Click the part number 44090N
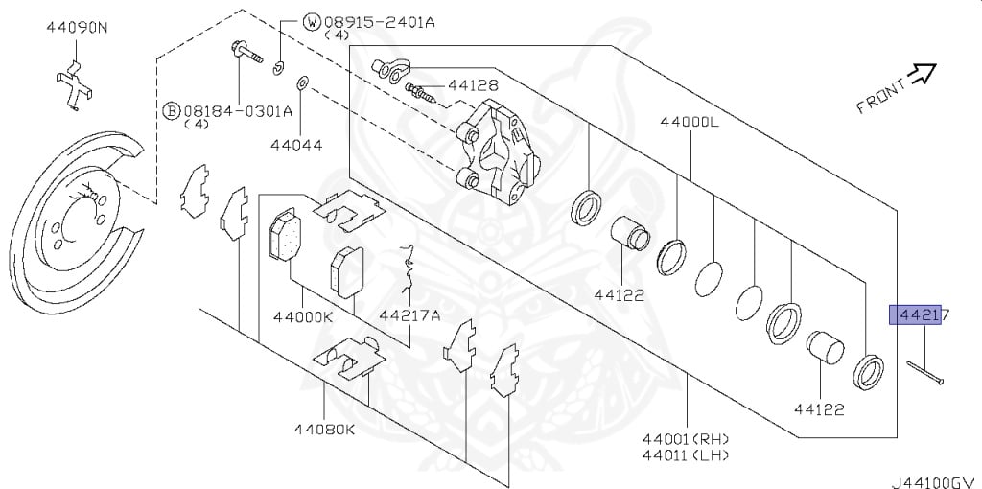(76, 28)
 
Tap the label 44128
(472, 85)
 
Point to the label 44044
(296, 145)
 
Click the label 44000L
(690, 122)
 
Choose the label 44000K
(302, 316)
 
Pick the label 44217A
(409, 315)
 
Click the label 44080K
(324, 430)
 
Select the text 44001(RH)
(686, 439)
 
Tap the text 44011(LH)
(686, 455)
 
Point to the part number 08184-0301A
(237, 111)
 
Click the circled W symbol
(312, 23)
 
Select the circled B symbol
(171, 111)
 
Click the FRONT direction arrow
(922, 74)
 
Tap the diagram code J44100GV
(936, 482)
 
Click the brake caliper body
(498, 153)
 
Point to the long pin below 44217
(924, 374)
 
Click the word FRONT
(880, 96)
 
